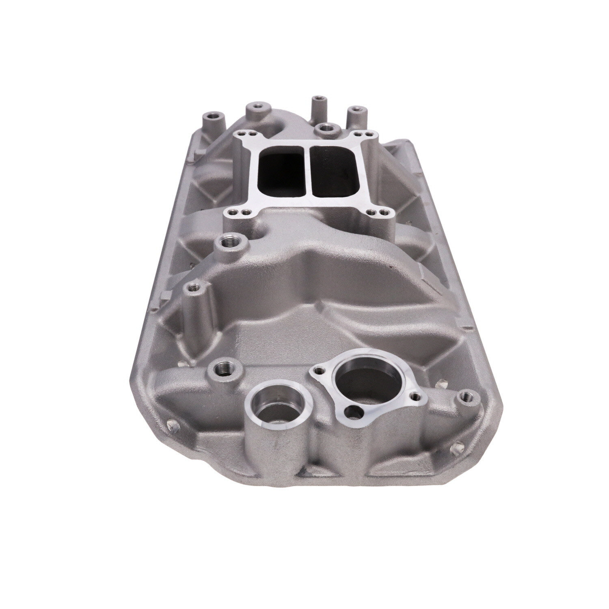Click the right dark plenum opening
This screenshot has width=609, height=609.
point(333,171)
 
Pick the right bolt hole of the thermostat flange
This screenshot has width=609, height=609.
point(415,395)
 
